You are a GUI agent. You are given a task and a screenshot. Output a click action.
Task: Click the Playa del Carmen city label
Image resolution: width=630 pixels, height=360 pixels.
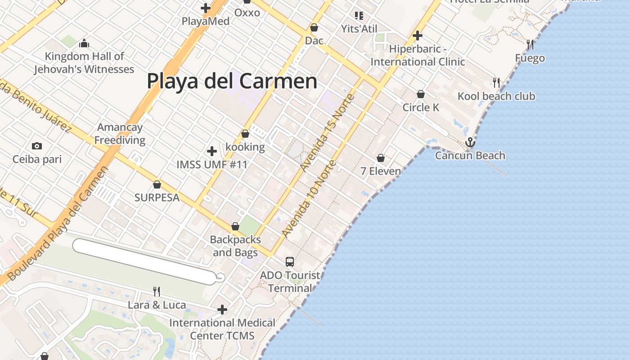click(x=232, y=81)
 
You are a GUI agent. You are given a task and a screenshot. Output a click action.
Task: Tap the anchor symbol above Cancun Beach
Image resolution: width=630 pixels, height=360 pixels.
click(x=470, y=142)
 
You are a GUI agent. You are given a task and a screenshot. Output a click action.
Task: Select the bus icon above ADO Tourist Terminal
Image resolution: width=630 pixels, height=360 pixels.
click(x=290, y=261)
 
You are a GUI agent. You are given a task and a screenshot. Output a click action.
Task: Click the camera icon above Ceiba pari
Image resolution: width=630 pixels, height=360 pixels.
click(x=37, y=146)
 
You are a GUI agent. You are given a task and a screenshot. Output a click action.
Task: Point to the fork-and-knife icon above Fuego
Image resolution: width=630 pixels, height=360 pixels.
click(x=530, y=45)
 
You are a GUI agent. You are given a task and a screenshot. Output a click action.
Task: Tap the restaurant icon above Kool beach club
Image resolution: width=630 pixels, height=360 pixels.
click(x=496, y=82)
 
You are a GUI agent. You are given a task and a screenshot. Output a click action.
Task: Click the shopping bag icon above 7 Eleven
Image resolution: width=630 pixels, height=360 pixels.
click(x=381, y=158)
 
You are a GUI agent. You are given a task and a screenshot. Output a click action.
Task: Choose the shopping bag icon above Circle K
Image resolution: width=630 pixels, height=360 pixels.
click(x=421, y=94)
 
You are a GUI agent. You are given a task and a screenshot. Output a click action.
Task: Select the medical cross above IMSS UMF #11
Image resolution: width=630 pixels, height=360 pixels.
click(x=212, y=151)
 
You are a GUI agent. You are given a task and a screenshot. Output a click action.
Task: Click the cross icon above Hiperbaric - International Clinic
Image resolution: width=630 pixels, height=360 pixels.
click(x=418, y=35)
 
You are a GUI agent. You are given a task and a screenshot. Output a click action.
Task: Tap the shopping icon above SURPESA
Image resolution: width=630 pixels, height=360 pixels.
click(x=157, y=184)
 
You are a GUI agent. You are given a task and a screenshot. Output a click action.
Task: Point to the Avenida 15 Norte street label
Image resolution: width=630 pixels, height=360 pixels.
click(x=328, y=132)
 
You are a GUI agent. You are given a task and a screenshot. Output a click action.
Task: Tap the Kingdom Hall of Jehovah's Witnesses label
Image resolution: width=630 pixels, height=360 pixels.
click(x=84, y=63)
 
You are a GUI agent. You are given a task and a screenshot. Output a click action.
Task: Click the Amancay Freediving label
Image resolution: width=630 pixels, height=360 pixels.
click(x=120, y=134)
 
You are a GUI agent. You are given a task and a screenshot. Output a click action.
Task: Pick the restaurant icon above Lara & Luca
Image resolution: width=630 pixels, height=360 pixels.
click(x=157, y=292)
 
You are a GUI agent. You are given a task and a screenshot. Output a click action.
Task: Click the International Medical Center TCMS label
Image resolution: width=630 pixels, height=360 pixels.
click(x=222, y=329)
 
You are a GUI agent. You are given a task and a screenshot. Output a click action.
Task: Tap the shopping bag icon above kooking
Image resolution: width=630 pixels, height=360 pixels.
click(x=245, y=134)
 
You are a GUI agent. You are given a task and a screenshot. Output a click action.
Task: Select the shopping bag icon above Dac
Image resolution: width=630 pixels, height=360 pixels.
click(x=314, y=28)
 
